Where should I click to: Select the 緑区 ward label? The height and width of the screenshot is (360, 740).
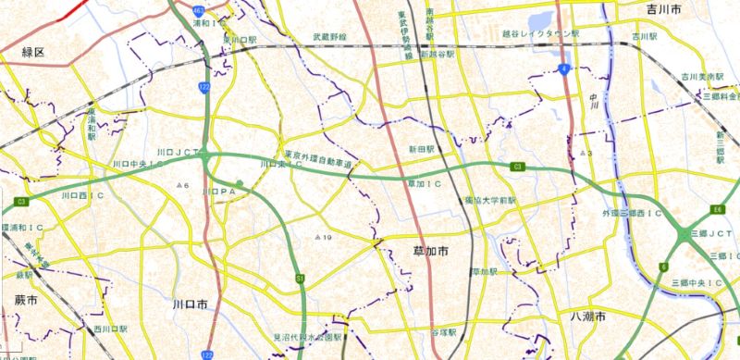(x=33, y=53)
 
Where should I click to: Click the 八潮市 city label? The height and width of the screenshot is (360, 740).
(x=587, y=317)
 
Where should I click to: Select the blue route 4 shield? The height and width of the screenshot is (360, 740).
(x=562, y=68)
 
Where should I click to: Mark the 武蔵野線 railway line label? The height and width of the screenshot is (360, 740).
(x=329, y=37)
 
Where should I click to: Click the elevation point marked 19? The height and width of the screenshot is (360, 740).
(x=323, y=238)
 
